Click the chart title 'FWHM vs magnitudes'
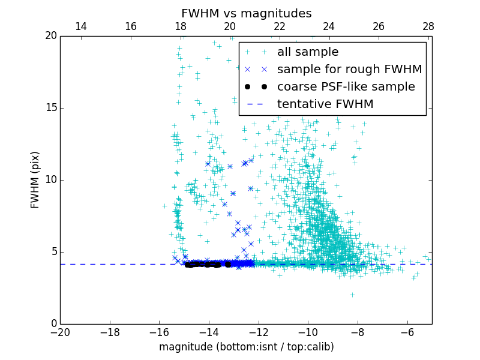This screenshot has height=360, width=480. coord(246,13)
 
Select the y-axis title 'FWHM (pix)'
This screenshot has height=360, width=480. coord(35,180)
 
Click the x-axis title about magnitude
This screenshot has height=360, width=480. coord(246,347)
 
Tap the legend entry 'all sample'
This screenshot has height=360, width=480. coord(308,52)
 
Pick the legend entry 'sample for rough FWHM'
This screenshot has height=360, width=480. coord(349,70)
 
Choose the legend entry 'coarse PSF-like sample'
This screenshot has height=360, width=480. coord(346,87)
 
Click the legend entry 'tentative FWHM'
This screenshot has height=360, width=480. coord(325,104)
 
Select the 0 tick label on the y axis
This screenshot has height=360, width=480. coord(53,324)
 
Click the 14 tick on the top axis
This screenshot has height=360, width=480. coord(81,26)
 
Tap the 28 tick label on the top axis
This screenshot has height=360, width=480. coord(428,26)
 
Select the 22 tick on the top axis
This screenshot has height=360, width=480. coord(279,26)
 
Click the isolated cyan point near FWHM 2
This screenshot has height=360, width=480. coord(352,295)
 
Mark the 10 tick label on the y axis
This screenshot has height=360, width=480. coord(50,180)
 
